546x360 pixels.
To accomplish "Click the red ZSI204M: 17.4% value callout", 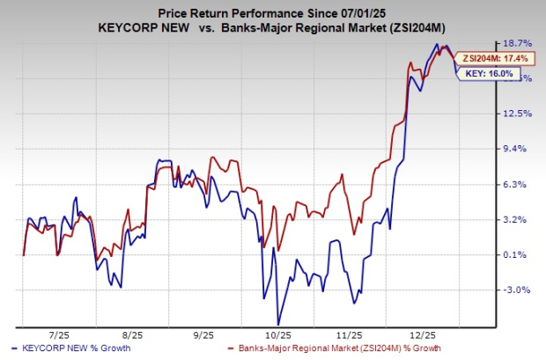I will click(496, 57).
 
